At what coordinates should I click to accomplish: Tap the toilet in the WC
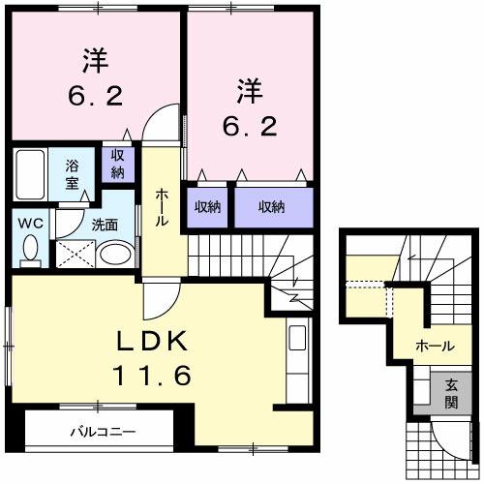(30, 250)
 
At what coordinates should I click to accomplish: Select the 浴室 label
(73, 173)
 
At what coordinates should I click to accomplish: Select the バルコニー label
(102, 430)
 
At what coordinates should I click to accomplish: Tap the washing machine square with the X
(74, 254)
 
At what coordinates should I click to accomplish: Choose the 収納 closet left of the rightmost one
(206, 206)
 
